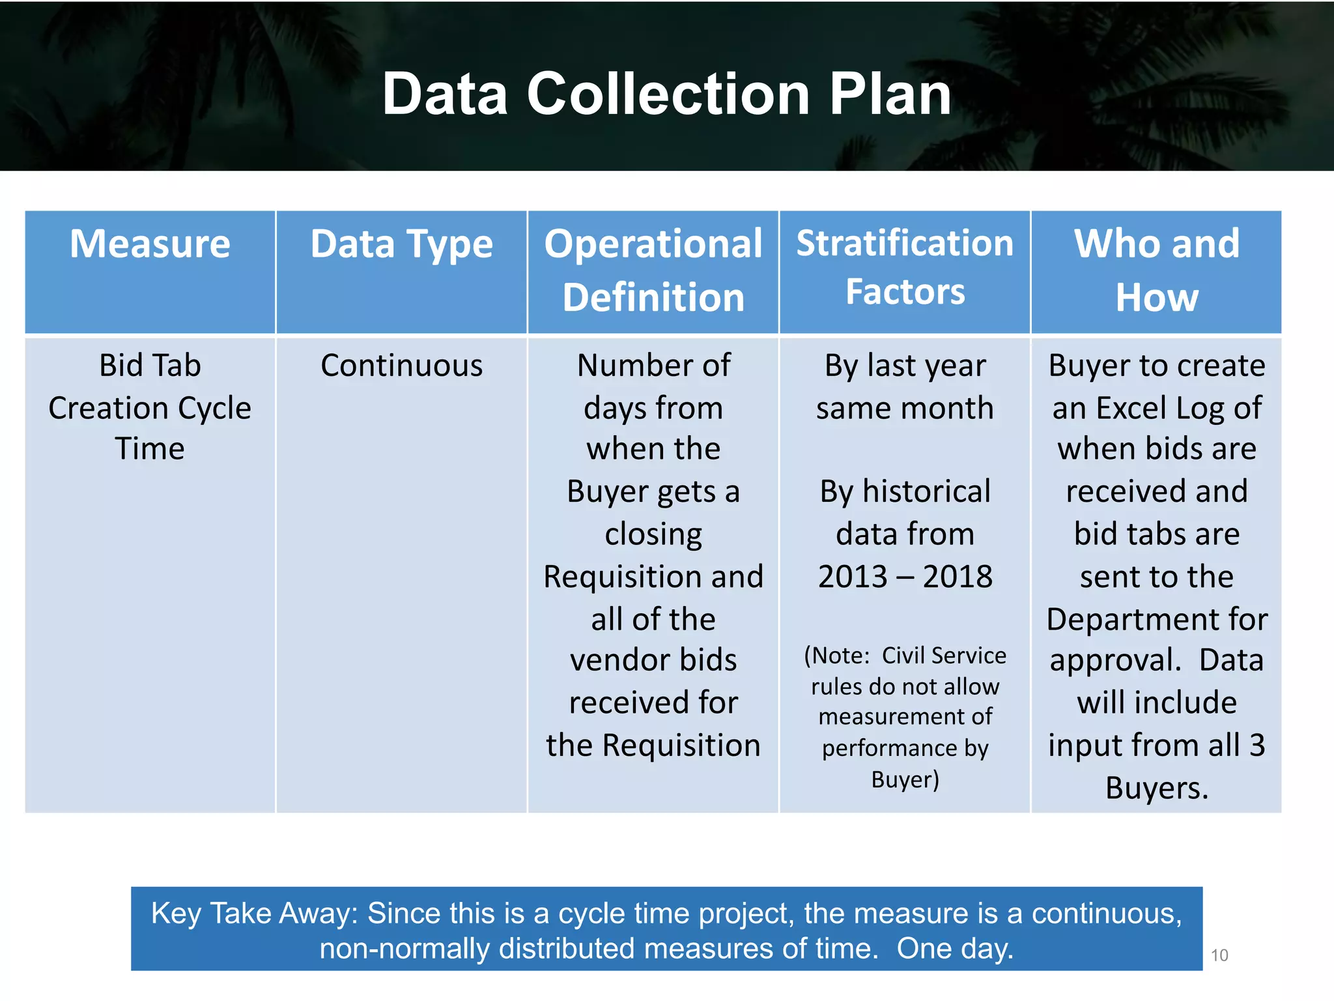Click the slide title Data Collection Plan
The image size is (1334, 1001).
666,94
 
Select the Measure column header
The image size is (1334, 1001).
150,244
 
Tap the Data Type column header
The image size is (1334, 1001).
401,244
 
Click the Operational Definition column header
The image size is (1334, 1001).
653,270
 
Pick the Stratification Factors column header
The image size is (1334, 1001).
905,267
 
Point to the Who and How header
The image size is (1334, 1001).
1156,270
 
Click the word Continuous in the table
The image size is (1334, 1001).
401,366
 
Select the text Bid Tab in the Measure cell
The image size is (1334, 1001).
150,366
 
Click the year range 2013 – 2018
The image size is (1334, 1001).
905,577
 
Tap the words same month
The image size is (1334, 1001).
905,409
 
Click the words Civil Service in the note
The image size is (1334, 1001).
943,656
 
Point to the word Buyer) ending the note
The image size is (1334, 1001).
905,779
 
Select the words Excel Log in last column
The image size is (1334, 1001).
1157,409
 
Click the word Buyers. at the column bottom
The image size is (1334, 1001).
1157,789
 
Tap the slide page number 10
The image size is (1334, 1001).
1219,955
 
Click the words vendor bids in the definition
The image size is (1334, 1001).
653,660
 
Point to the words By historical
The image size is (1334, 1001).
905,492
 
